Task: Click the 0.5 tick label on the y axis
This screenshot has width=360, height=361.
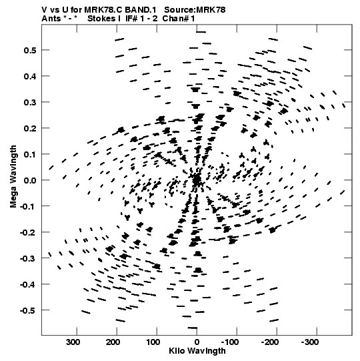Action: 30,50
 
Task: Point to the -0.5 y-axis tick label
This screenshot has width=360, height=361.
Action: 28,310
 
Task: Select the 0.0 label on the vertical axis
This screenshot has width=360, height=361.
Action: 30,180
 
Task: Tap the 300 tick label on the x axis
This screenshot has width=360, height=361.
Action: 73,342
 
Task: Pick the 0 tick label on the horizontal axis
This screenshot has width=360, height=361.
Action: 197,342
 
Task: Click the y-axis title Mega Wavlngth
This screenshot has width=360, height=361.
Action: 13,177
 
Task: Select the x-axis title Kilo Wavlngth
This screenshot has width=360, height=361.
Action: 197,351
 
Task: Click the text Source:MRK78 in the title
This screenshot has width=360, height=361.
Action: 195,10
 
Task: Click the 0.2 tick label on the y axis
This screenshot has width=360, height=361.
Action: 30,128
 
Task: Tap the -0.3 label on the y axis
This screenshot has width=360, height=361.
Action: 28,258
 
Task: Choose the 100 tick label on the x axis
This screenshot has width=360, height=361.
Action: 153,342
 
